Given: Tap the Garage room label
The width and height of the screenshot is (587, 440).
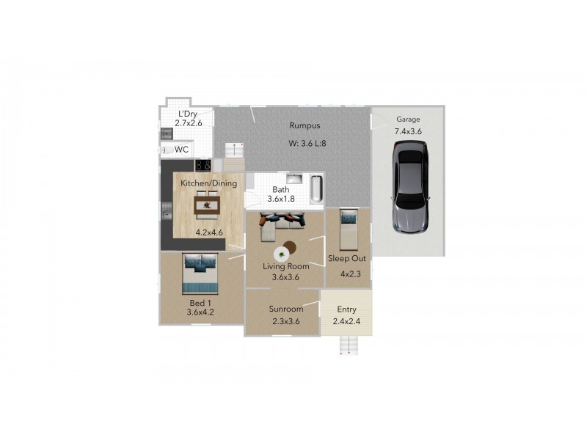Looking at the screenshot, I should pyautogui.click(x=409, y=119).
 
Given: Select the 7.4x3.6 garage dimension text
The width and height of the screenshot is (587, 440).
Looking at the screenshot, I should pyautogui.click(x=409, y=131).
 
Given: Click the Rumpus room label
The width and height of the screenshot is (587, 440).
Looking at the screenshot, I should pyautogui.click(x=305, y=125).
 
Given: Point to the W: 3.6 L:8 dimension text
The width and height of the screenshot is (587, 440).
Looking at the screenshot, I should pyautogui.click(x=307, y=144).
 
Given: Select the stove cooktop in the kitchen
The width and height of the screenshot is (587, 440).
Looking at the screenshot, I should pyautogui.click(x=203, y=166).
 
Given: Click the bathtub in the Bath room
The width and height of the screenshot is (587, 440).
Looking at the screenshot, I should pyautogui.click(x=316, y=188).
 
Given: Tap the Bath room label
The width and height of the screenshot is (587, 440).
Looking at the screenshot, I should pyautogui.click(x=281, y=189).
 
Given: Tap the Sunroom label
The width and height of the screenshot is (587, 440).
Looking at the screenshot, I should pyautogui.click(x=285, y=309).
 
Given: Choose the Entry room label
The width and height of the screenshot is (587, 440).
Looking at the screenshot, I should pyautogui.click(x=347, y=310).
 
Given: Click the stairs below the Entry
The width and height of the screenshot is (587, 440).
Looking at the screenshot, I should pyautogui.click(x=352, y=344).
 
